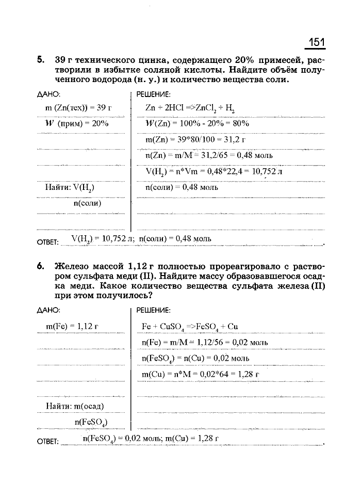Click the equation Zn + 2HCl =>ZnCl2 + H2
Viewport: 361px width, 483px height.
pos(190,108)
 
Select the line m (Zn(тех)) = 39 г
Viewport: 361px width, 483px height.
pos(78,108)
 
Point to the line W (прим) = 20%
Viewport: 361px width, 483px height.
pos(75,124)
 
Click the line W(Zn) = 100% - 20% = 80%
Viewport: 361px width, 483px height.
pos(198,124)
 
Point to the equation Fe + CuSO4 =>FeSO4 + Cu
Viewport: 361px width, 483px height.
pos(189,327)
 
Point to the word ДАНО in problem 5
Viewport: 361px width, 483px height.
pos(48,94)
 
